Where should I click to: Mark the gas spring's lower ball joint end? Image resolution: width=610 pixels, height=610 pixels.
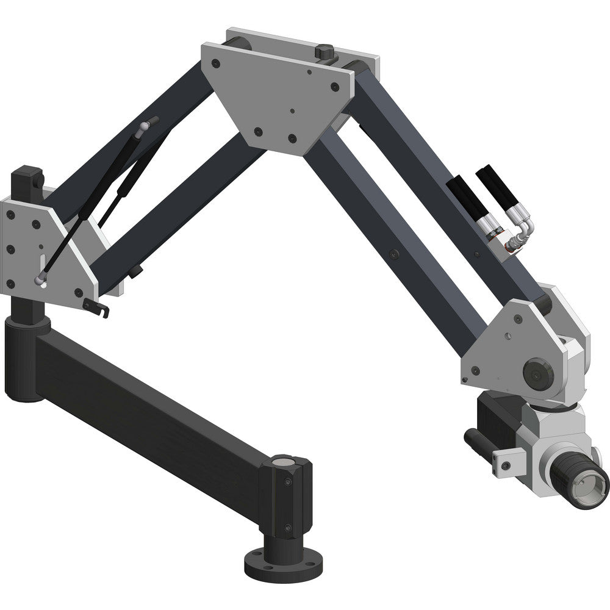pos(40,280)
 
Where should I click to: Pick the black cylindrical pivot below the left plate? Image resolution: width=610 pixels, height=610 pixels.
pos(27,354)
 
